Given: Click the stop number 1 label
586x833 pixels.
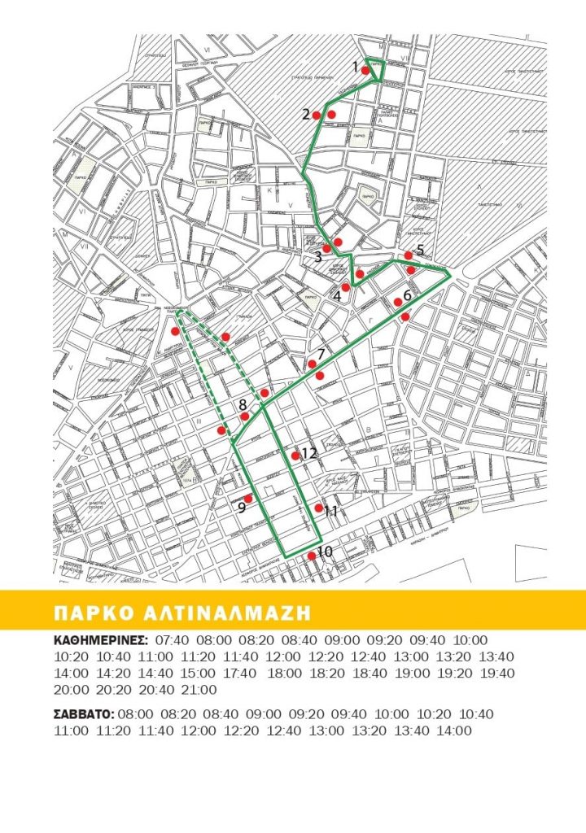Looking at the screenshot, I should click(356, 66).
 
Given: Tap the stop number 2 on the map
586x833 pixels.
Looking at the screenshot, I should click(306, 114).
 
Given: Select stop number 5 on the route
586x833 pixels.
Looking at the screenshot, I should click(420, 249).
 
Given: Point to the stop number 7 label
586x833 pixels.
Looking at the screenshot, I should click(321, 354).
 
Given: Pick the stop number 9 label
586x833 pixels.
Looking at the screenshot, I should click(242, 508).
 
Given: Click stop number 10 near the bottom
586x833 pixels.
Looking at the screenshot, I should click(325, 552).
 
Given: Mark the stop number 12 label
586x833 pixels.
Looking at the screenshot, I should click(308, 453).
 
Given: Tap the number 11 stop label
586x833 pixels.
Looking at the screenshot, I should click(330, 512).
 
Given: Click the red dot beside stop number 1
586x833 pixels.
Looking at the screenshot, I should click(366, 71).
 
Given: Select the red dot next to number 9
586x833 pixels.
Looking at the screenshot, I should click(249, 498).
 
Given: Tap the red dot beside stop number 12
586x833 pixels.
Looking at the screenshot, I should click(295, 456).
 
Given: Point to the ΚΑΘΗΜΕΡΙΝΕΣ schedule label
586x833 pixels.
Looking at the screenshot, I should click(99, 640).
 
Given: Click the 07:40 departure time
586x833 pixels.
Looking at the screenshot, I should click(172, 640).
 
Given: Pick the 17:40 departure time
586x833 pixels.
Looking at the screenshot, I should click(239, 674).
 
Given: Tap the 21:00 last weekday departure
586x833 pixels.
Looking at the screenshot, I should click(200, 690).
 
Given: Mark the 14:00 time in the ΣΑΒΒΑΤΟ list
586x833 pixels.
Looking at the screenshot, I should click(454, 731).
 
